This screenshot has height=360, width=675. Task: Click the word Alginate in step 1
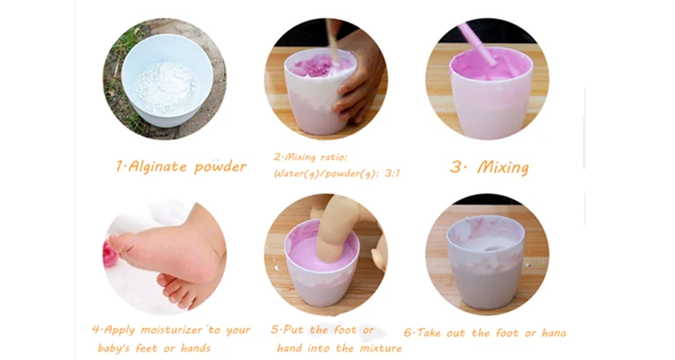pos(159,166)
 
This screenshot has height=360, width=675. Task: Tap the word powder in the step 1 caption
pos(220,166)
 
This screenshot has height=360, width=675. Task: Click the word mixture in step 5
pos(375,348)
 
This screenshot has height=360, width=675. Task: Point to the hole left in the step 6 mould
pos(491,244)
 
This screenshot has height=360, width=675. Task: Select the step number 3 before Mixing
pos(455,166)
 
